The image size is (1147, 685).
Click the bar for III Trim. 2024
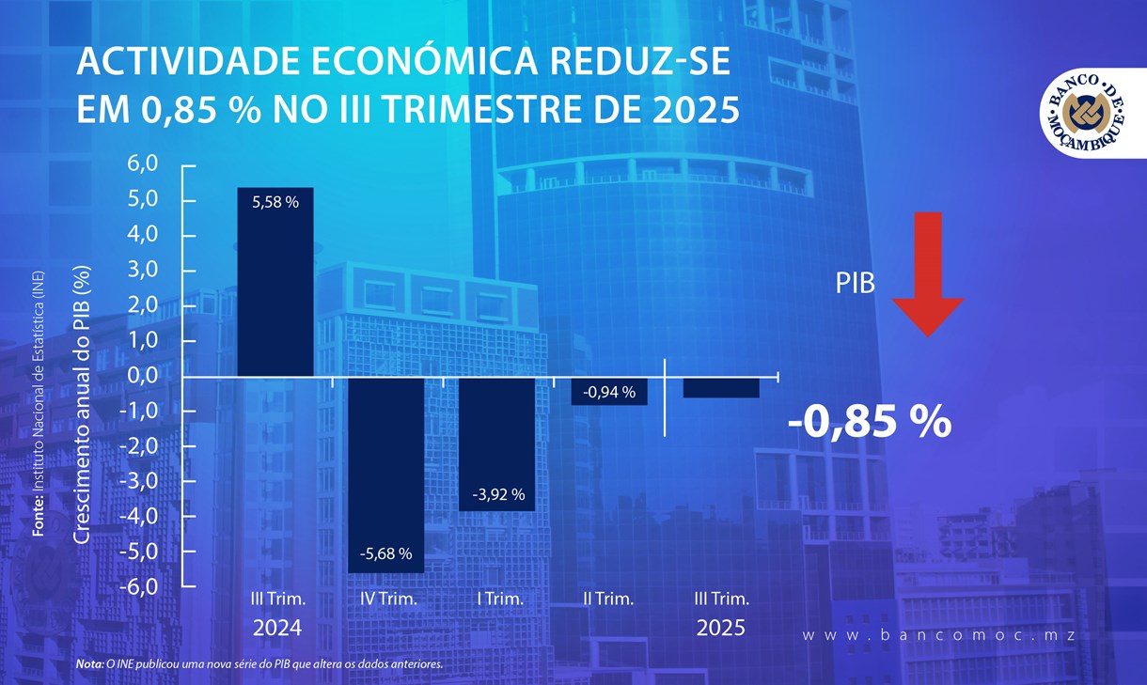click(x=275, y=282)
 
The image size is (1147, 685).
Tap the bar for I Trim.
click(x=496, y=442)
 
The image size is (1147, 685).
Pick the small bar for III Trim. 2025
click(x=720, y=387)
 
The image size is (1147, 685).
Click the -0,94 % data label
click(x=608, y=392)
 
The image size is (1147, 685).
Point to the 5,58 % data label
click(x=275, y=201)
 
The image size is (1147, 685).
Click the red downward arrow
click(x=927, y=272)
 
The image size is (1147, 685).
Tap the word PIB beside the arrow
click(x=855, y=284)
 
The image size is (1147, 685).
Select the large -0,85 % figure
click(x=869, y=423)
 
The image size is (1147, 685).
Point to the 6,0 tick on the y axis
click(x=149, y=164)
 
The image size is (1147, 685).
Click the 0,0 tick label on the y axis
click(x=149, y=376)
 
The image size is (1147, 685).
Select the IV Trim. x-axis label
click(x=387, y=599)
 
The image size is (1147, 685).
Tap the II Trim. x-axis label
click(x=608, y=599)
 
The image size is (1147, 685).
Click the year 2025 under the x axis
click(x=720, y=629)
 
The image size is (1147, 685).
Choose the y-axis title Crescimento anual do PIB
click(x=83, y=404)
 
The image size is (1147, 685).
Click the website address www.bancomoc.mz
click(x=937, y=635)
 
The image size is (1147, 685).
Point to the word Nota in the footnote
click(x=90, y=664)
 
